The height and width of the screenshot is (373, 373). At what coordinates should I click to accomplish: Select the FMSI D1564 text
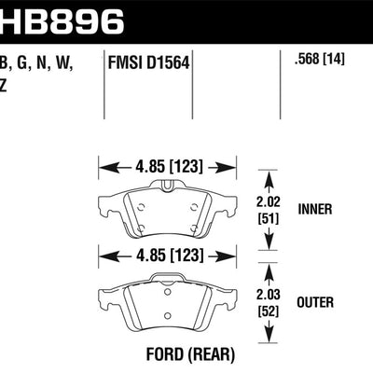pos(145,64)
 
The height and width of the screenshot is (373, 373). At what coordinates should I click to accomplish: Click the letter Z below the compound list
pos(6,85)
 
